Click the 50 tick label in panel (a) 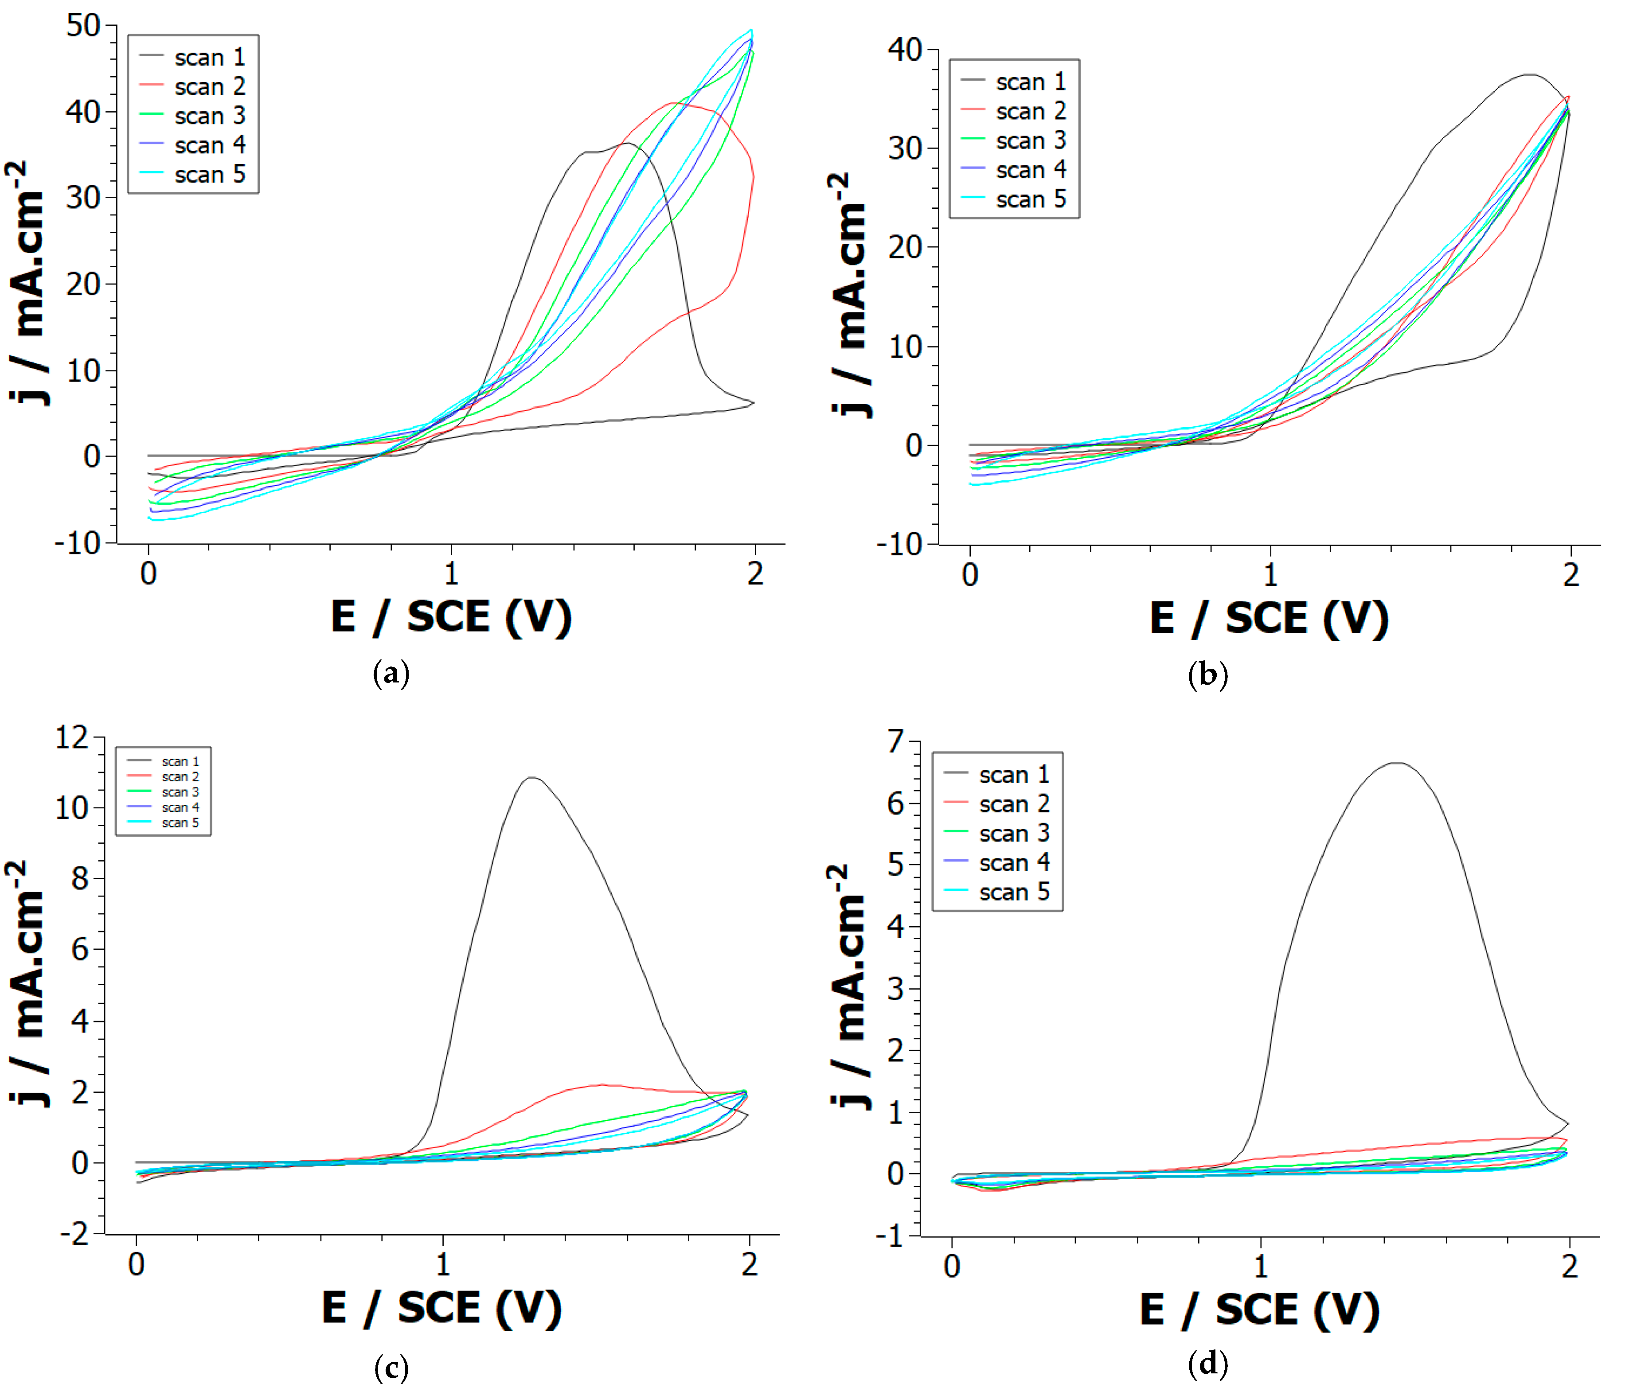click(x=83, y=26)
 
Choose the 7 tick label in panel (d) click(x=896, y=741)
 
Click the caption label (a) click(x=391, y=673)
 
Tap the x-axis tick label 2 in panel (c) click(x=749, y=1264)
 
